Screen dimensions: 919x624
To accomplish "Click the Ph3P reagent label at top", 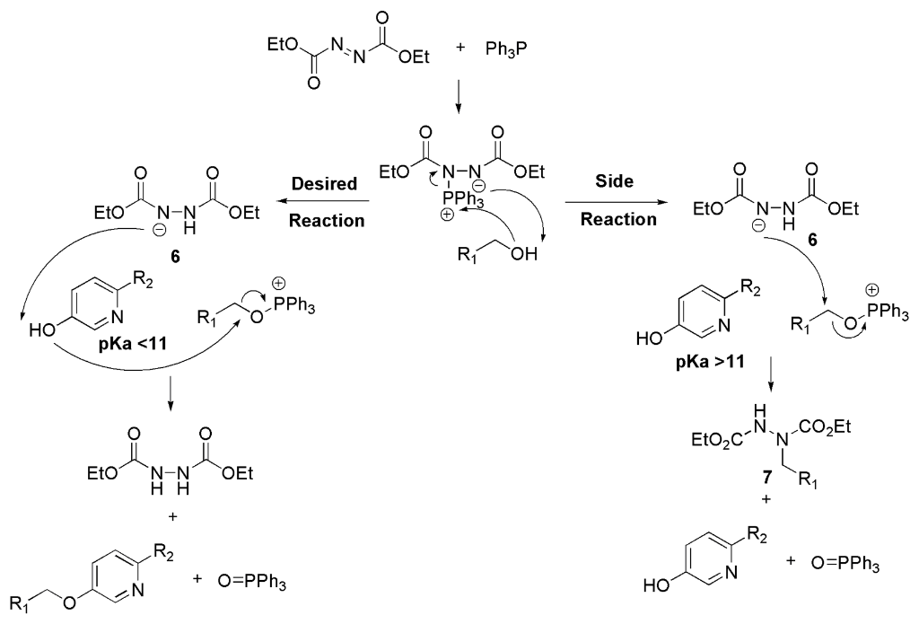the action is [x=506, y=50].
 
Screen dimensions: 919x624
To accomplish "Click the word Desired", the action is [x=324, y=183].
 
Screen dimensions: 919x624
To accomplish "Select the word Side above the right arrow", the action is [x=614, y=180].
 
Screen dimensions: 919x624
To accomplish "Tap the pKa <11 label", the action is [x=133, y=342].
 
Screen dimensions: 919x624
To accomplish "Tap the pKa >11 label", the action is [x=710, y=361].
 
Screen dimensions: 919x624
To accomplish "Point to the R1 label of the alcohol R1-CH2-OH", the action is [x=468, y=255].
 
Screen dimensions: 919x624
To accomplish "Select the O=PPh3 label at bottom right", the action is [x=845, y=564].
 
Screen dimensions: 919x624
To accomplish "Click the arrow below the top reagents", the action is [x=459, y=100].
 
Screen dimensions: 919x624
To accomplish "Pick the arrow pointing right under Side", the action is [x=617, y=202].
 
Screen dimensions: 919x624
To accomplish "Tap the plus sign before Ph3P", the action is [x=459, y=48].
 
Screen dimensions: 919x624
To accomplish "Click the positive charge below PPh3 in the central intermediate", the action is [x=447, y=215].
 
